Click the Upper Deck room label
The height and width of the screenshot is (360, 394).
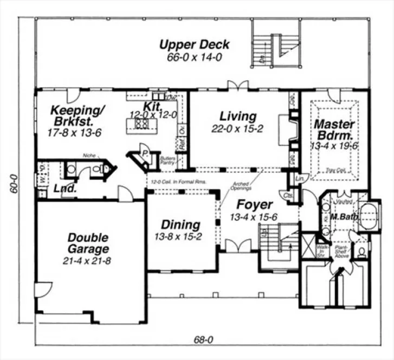tap(195, 44)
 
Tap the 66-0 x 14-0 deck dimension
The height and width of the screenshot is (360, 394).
tap(195, 57)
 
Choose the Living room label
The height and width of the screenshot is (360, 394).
tap(237, 116)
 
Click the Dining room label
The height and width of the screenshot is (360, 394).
tap(181, 224)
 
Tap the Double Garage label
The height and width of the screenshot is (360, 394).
tap(88, 243)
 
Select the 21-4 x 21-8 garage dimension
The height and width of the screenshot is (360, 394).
tap(88, 261)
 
